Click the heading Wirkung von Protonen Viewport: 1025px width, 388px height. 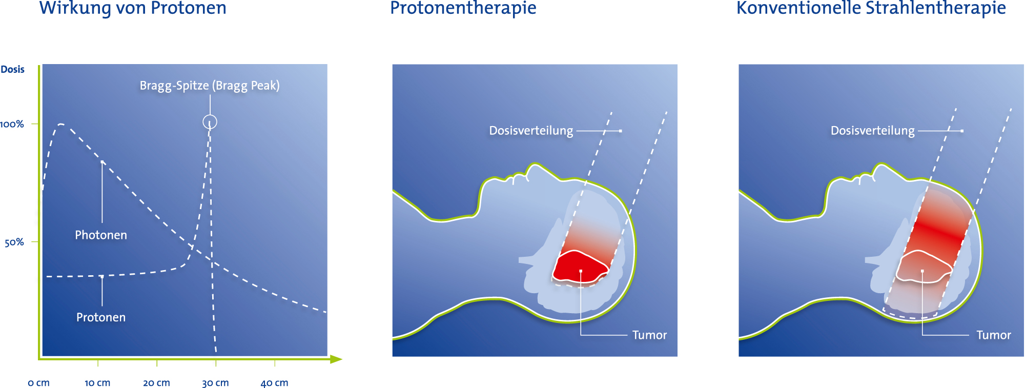[x=133, y=8]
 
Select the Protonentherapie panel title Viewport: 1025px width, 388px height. [x=463, y=8]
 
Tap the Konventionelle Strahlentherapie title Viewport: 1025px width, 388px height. [x=871, y=8]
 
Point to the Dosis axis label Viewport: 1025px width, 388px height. [x=13, y=69]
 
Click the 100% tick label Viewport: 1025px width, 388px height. [x=12, y=124]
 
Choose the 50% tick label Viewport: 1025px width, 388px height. [x=14, y=242]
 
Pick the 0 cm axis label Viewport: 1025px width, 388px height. [x=38, y=383]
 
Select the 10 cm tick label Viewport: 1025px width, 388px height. [x=97, y=383]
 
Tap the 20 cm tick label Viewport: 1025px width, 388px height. [x=156, y=383]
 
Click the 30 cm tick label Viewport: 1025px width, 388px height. [x=215, y=383]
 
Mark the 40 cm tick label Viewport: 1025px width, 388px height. [x=274, y=383]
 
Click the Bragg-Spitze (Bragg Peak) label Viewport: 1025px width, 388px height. [x=210, y=86]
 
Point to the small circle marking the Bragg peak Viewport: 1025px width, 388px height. [x=210, y=115]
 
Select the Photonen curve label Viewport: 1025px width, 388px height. [x=101, y=235]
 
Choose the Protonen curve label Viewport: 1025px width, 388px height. [x=101, y=317]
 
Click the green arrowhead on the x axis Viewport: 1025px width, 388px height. [x=336, y=359]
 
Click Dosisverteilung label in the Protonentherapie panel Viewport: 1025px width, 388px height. [x=531, y=131]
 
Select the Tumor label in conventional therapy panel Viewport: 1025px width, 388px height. [x=994, y=335]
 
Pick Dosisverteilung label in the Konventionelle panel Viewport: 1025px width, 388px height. [x=873, y=131]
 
